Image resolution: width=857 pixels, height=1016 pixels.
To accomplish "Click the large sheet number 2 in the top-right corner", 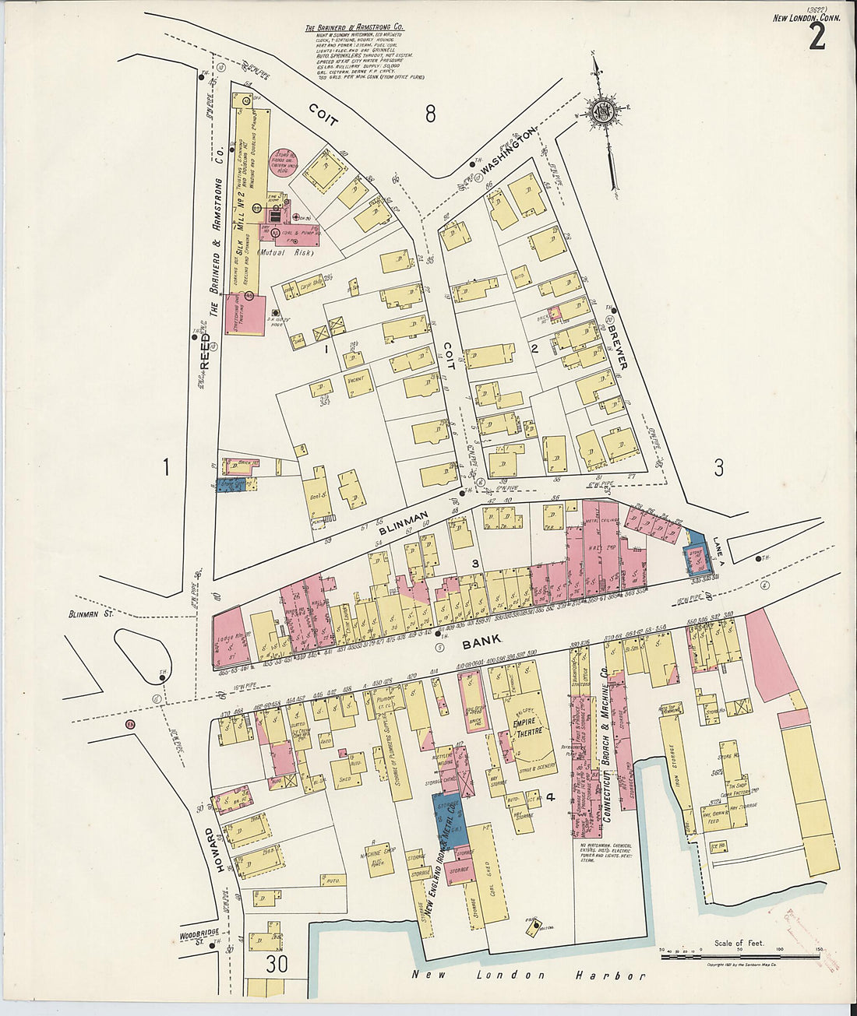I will pos(816,36).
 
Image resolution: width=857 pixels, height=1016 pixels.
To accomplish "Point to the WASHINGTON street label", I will pos(508,150).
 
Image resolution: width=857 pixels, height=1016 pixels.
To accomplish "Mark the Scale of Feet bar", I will pos(739,955).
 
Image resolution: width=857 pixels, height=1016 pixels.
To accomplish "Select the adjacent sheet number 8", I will pos(429,114).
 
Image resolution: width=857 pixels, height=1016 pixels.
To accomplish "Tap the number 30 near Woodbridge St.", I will pos(275,964).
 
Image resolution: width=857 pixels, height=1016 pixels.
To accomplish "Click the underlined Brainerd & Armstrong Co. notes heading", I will pos(354,27).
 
